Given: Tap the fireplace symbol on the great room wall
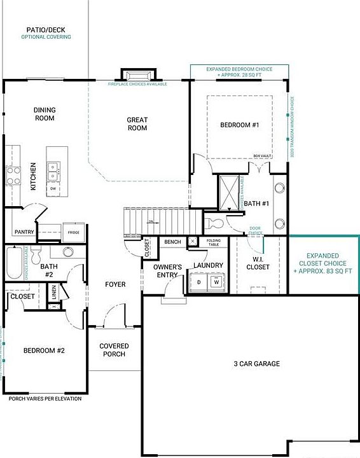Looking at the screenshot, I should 136,76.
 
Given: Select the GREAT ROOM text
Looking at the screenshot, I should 137,123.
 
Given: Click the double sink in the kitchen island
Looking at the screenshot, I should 53,169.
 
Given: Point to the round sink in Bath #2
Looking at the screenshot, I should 67,251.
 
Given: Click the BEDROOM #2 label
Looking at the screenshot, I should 44,350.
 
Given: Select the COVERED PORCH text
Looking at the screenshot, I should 114,350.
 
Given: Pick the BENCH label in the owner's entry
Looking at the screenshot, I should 172,242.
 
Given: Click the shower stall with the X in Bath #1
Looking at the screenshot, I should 228,192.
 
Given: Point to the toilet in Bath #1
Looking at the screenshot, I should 214,223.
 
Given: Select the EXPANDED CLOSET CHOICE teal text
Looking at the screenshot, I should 322,263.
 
